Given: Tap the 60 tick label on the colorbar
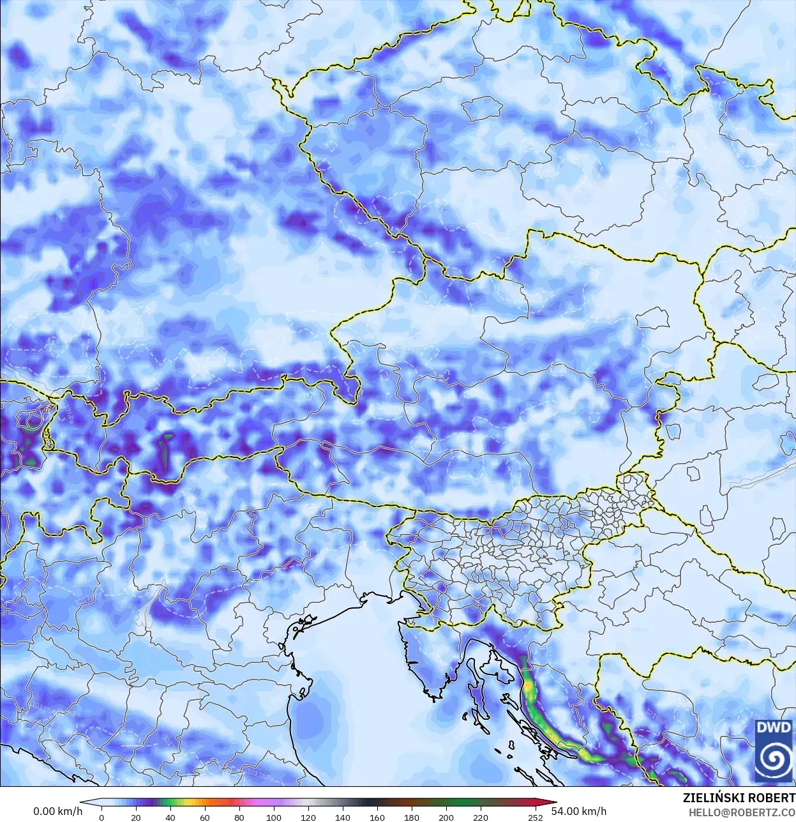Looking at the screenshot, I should click(205, 818).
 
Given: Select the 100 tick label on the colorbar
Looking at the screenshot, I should click(274, 818).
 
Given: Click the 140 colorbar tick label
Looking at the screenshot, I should click(343, 818).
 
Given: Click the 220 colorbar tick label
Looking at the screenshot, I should click(481, 818).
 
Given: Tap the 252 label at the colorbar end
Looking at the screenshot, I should click(536, 818).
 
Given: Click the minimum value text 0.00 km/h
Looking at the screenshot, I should click(58, 811).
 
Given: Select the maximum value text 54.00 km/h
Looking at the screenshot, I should click(579, 811).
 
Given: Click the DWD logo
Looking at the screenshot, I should click(774, 750).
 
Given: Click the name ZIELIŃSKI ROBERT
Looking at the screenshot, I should click(739, 798).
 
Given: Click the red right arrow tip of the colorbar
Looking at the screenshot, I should click(554, 803).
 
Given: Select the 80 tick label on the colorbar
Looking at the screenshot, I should click(239, 818).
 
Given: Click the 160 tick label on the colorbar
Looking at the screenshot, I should click(377, 818).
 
